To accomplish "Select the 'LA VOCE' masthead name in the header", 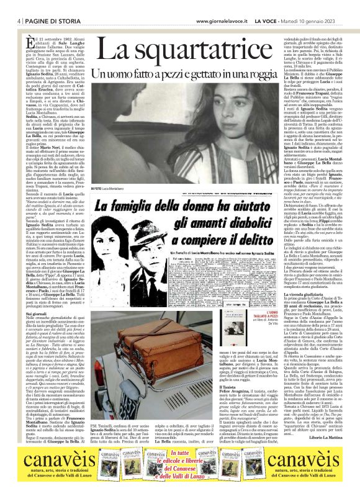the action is [266, 21].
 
